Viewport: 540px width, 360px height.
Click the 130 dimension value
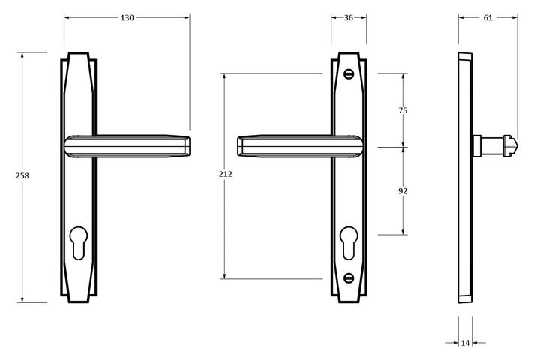(x=127, y=17)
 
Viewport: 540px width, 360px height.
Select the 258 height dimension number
(x=22, y=175)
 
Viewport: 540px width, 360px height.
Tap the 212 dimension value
(x=225, y=174)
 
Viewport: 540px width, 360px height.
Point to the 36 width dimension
(x=349, y=17)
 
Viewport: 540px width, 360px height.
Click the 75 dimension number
(x=402, y=110)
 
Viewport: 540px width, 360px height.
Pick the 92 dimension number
(x=402, y=191)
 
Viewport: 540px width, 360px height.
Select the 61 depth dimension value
(x=488, y=17)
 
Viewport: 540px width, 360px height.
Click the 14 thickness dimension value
(x=465, y=343)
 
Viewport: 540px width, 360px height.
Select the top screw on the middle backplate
(x=349, y=74)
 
